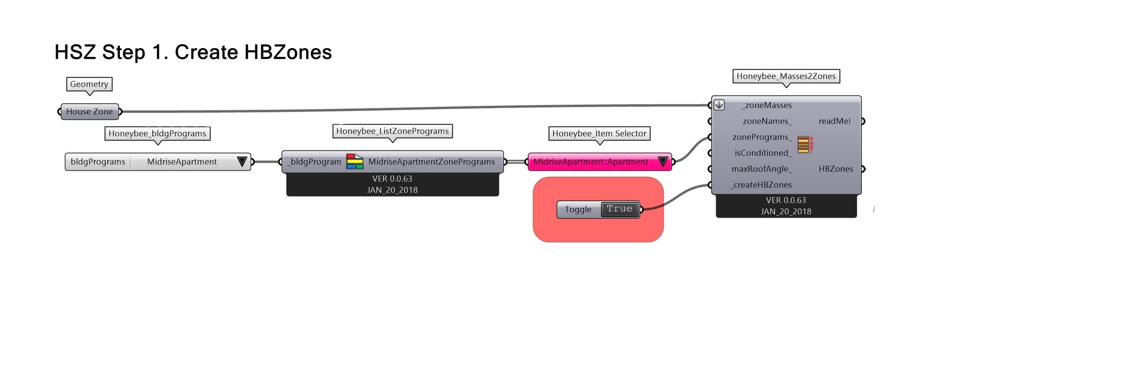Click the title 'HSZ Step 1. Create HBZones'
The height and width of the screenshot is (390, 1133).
(x=193, y=52)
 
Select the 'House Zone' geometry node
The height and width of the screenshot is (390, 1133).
(x=89, y=111)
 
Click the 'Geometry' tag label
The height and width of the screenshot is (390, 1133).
(x=89, y=84)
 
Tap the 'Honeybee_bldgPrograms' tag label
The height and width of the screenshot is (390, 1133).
(x=157, y=134)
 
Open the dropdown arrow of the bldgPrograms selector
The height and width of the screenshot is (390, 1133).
(x=241, y=162)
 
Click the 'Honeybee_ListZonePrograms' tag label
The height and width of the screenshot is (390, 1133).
(x=392, y=131)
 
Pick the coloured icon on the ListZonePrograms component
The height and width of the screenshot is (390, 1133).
(x=355, y=162)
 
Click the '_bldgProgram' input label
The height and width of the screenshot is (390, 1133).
(x=314, y=162)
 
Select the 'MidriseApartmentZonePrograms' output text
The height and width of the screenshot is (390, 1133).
(x=431, y=162)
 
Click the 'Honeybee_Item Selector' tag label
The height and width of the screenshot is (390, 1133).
(x=599, y=134)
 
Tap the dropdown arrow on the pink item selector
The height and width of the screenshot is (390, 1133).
(x=662, y=162)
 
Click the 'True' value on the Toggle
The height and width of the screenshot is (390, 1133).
(x=619, y=209)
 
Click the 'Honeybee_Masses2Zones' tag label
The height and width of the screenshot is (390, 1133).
(x=786, y=76)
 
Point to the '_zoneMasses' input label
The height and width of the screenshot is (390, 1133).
(x=767, y=105)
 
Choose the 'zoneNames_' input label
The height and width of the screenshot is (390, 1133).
(x=767, y=121)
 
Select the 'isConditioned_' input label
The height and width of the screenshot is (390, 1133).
(x=763, y=153)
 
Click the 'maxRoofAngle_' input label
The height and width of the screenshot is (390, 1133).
(x=762, y=169)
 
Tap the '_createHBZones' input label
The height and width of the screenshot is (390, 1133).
(x=761, y=185)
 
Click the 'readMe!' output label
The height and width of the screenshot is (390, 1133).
(x=835, y=121)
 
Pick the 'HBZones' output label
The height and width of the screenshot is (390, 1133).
(x=835, y=169)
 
